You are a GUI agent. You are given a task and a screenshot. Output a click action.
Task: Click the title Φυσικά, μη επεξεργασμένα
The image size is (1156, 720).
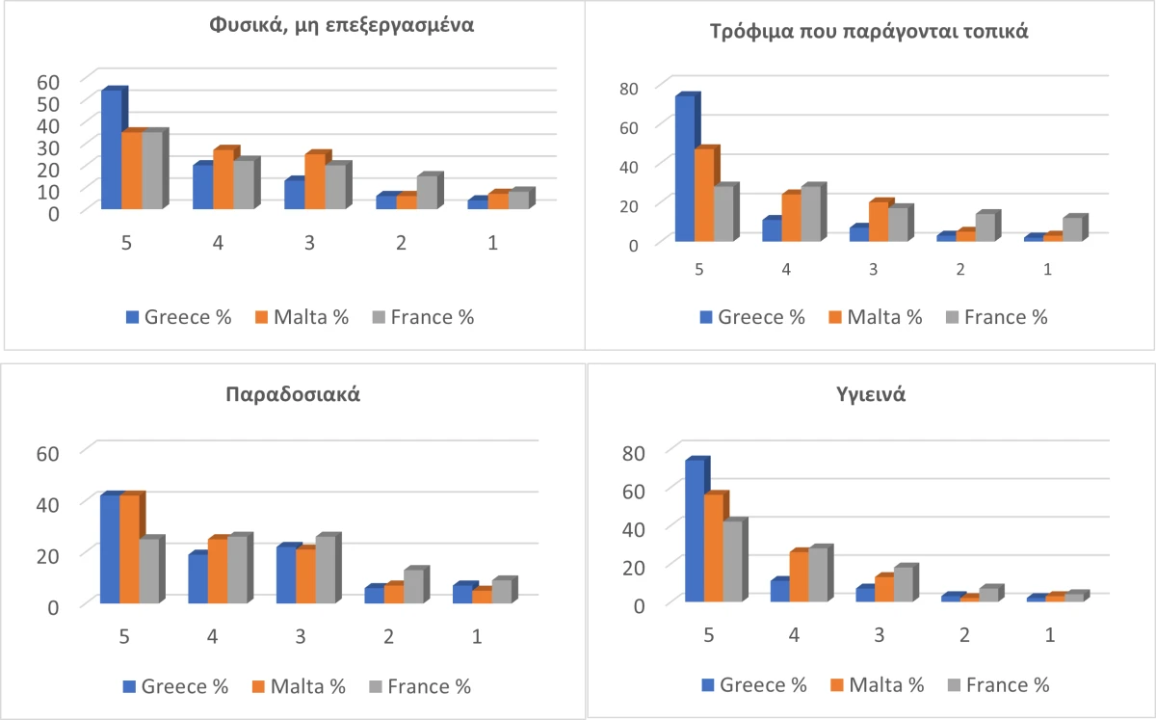pos(342,26)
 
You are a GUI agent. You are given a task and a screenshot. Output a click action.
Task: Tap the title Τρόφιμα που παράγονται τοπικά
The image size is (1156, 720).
pos(869,31)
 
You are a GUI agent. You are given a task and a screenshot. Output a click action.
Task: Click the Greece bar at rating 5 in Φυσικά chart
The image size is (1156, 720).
pos(111,150)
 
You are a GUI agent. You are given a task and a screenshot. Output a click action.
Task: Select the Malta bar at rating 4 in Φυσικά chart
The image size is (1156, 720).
pos(223,179)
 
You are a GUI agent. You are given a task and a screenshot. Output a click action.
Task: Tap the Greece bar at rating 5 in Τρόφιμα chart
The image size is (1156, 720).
pos(685,169)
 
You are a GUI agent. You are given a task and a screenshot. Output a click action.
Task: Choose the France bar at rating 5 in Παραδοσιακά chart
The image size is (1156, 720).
pos(148,572)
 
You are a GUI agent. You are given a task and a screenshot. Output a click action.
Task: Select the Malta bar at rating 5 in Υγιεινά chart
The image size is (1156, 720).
pos(714,547)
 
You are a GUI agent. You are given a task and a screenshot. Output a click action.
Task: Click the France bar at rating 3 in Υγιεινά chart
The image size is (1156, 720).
pos(903,585)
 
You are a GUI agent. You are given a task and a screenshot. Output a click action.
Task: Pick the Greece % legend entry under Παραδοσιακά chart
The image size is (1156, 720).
pos(174,686)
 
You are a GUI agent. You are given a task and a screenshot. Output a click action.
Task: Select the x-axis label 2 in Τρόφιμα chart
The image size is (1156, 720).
pos(960,268)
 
